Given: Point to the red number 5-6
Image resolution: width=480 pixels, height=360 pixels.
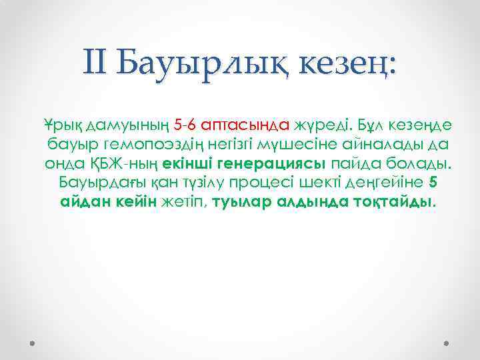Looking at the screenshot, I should pos(165,125).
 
